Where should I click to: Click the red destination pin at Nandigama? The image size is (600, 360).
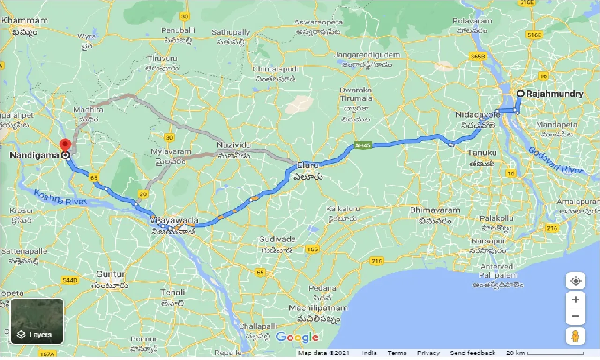(x=65, y=144)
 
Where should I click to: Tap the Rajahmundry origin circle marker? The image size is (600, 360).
(x=520, y=94)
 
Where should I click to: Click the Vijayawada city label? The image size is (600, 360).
(x=174, y=220)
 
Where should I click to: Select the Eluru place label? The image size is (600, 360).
(x=307, y=165)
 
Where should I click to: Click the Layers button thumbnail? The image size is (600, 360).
(x=37, y=321)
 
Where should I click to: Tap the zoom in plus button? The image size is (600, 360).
(x=576, y=300)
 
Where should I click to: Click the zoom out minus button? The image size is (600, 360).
(x=576, y=316)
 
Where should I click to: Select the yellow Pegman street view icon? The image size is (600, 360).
(x=576, y=336)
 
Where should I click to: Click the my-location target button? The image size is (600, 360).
(x=576, y=281)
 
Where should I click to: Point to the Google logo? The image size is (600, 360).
(x=297, y=337)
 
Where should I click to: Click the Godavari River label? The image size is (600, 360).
(x=556, y=160)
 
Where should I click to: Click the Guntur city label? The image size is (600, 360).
(x=110, y=274)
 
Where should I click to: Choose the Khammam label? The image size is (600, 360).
(x=25, y=21)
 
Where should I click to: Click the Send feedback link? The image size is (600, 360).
(x=472, y=353)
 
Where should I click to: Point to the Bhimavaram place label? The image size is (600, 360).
(x=435, y=210)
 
